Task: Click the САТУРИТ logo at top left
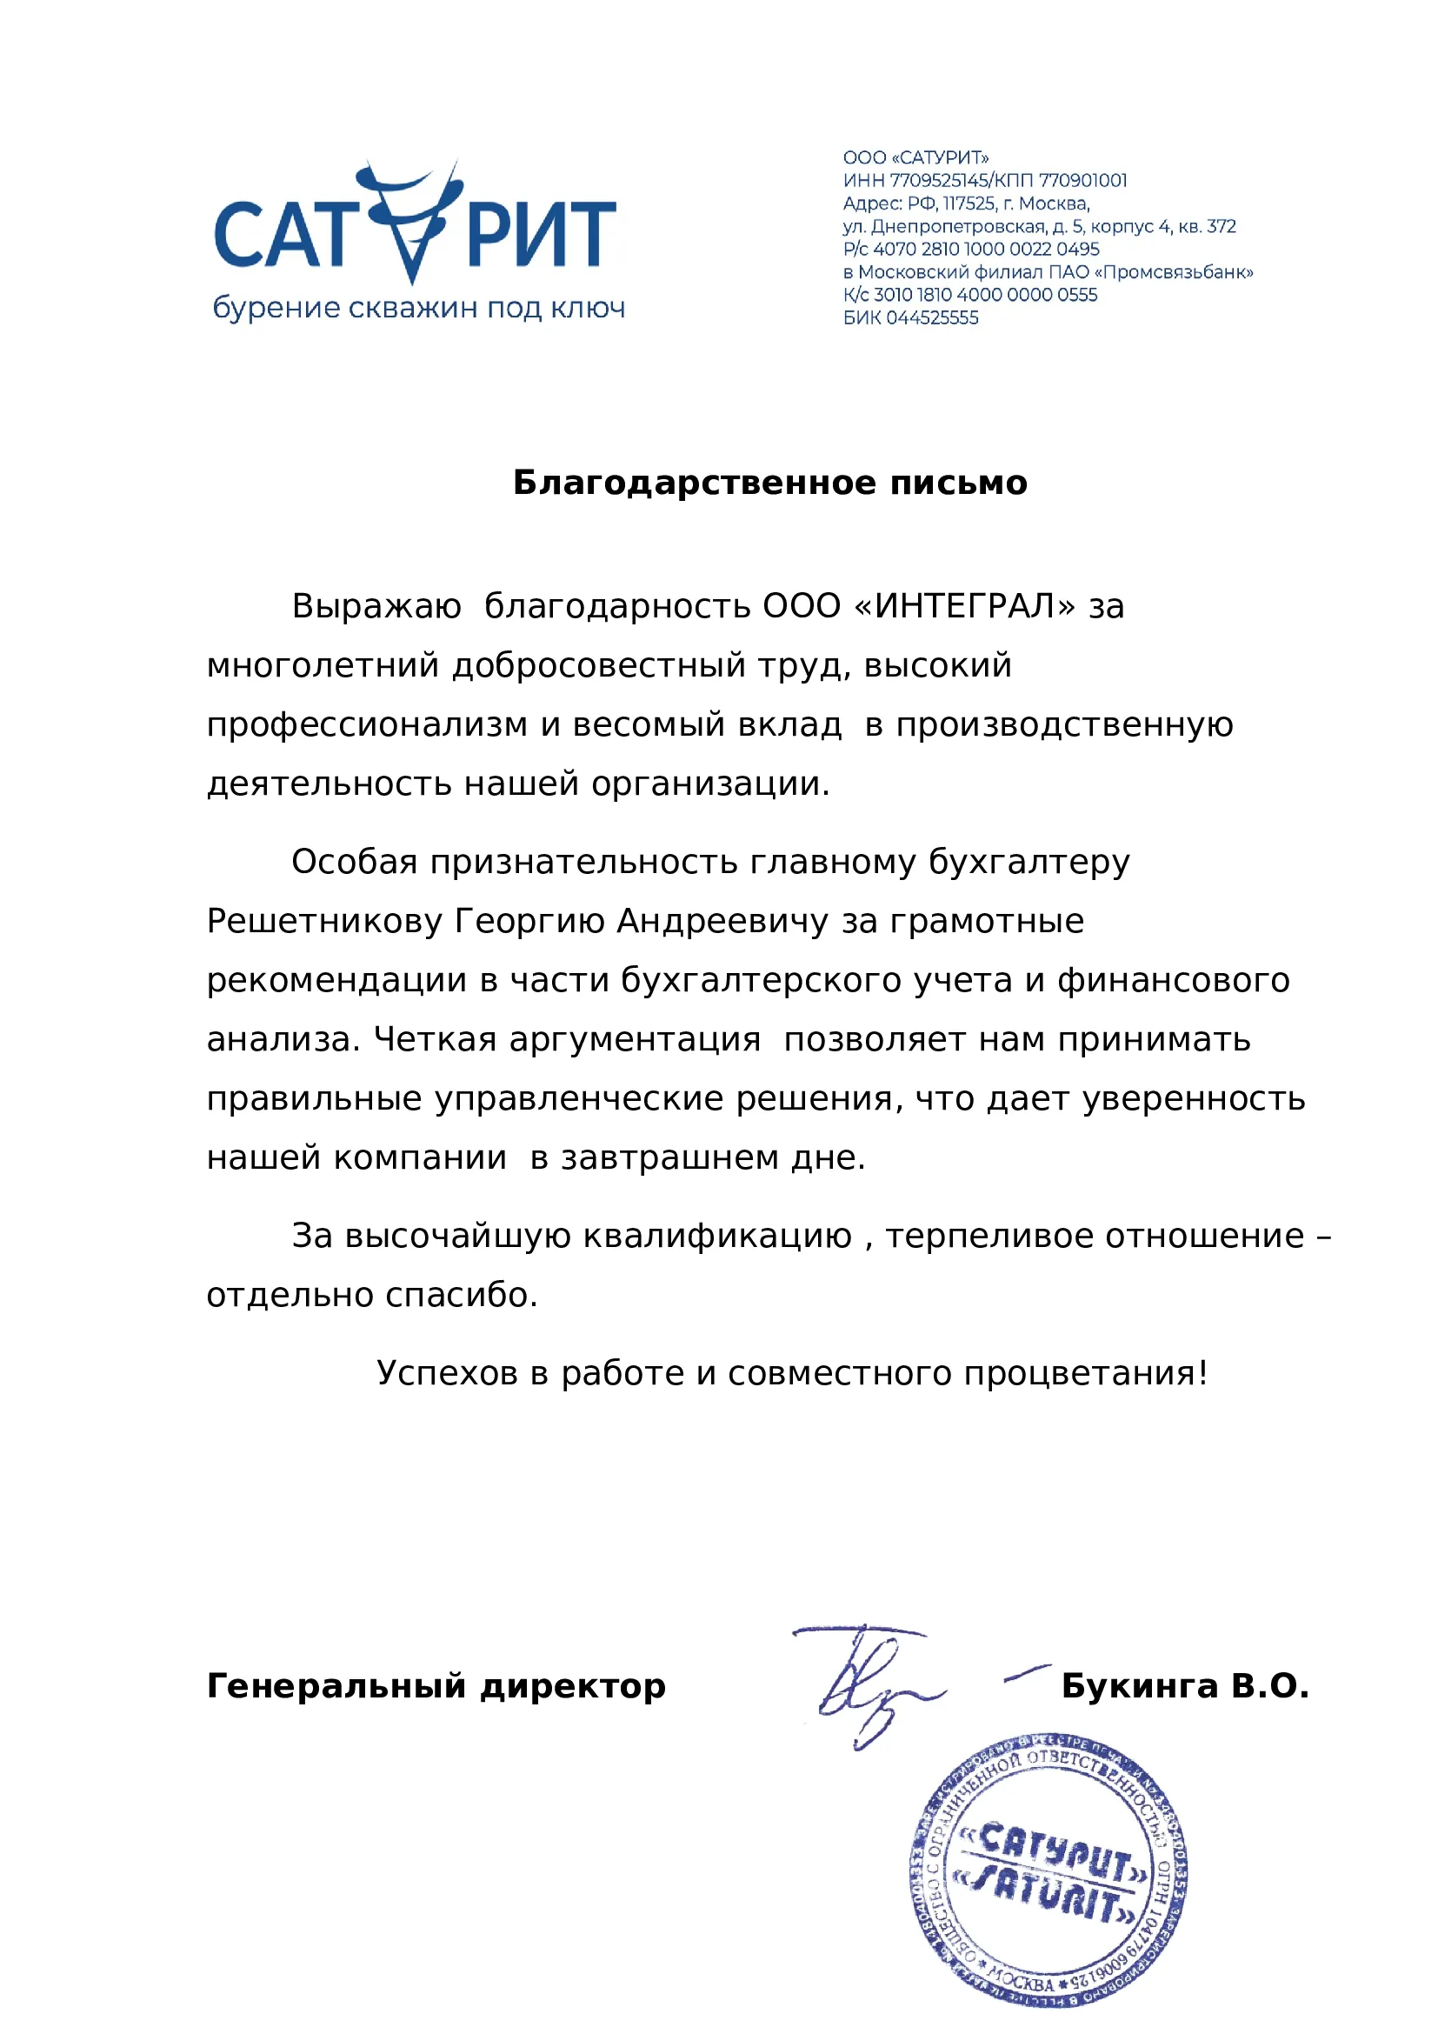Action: [415, 227]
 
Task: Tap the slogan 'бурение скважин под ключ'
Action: [419, 309]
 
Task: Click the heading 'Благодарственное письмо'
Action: [770, 483]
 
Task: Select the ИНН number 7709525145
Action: [940, 181]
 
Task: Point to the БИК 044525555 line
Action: [910, 318]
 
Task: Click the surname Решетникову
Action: [324, 921]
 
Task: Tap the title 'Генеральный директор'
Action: [436, 1686]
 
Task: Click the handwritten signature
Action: [872, 1684]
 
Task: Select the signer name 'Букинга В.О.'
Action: [1185, 1686]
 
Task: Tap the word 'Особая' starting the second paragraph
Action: [354, 862]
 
